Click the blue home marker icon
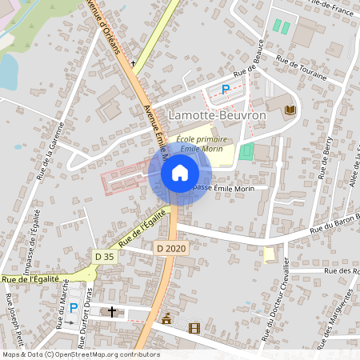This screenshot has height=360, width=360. [180, 173]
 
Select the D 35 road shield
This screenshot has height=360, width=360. [104, 256]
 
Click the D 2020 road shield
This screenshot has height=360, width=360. [170, 249]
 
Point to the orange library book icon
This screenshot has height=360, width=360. [290, 109]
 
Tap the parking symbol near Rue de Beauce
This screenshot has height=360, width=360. [226, 90]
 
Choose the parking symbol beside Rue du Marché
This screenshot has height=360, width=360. [74, 308]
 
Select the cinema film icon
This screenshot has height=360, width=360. [193, 327]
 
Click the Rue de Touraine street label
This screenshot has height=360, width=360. [301, 68]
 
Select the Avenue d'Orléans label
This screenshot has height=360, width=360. [108, 32]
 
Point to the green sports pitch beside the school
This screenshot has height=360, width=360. [246, 150]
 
